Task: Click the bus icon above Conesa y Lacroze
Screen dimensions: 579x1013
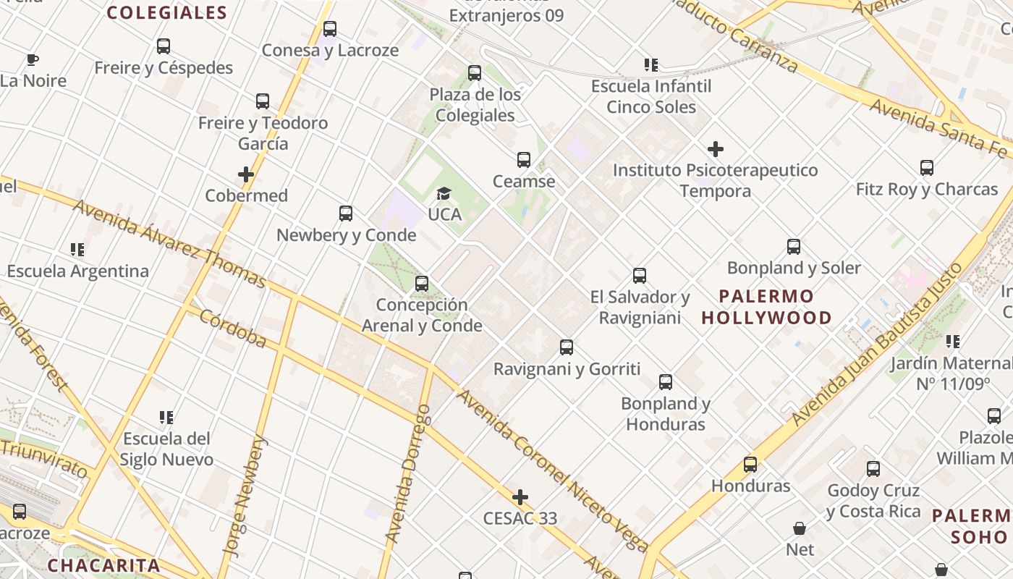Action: tap(330, 29)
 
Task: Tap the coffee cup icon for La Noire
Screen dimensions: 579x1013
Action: tap(32, 59)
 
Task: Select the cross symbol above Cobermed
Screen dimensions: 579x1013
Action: tap(246, 174)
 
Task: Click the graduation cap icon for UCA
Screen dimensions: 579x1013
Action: tap(444, 193)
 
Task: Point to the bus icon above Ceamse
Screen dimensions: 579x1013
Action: tap(524, 160)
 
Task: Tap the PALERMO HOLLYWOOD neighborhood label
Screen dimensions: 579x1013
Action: tap(767, 307)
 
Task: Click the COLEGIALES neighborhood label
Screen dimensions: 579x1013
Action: tap(167, 12)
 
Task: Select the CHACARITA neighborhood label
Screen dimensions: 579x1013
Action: tap(103, 565)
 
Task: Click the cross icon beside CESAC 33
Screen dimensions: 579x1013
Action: tap(520, 497)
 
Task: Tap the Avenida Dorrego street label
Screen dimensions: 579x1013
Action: tap(407, 473)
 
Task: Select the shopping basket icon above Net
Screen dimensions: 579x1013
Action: tap(800, 528)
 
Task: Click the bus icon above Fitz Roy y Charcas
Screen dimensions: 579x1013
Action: tap(927, 168)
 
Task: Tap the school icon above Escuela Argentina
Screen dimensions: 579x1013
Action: tap(77, 250)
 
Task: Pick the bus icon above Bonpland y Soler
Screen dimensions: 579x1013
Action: tap(794, 247)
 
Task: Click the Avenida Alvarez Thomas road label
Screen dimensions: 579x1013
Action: tap(169, 242)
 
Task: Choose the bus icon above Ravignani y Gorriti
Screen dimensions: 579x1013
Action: tap(567, 347)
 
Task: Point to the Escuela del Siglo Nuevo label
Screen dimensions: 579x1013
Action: tap(166, 449)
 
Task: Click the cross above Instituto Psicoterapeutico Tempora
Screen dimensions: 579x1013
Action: tap(716, 150)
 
